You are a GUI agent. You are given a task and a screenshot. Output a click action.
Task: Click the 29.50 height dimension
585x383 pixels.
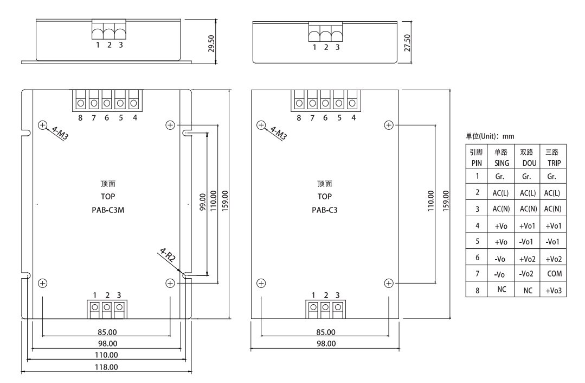pos(211,43)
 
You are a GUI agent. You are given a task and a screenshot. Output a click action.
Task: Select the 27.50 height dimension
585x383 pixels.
pos(407,43)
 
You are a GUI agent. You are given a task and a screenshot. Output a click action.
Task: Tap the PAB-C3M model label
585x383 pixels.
pos(108,210)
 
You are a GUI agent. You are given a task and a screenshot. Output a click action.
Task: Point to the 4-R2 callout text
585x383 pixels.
pos(168,256)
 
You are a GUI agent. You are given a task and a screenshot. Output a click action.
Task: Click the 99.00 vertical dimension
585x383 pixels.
pos(203,202)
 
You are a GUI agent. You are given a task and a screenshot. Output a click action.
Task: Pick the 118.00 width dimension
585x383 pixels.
pos(106,367)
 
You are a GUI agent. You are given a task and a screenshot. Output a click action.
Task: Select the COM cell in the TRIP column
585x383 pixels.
pos(554,274)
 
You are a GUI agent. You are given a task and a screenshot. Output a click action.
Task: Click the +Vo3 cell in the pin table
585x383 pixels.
pos(554,291)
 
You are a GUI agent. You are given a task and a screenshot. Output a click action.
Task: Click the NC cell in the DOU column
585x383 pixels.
pos(528,291)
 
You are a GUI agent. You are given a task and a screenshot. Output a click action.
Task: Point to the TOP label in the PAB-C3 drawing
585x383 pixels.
pos(325,197)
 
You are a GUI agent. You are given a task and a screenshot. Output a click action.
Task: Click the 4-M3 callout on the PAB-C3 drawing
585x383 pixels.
pos(279,133)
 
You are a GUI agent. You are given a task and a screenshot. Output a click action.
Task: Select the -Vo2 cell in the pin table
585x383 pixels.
pos(526,274)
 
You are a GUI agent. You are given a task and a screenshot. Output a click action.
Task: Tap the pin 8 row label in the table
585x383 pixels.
pos(477,291)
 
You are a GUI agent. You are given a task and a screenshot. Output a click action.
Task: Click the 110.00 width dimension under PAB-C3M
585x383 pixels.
pos(106,355)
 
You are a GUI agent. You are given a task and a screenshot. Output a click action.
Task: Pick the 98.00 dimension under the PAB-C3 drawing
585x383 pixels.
pos(326,344)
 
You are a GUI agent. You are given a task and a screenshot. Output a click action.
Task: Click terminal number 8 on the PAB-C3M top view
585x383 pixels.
pos(80,118)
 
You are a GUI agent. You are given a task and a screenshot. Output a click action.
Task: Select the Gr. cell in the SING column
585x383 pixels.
pos(500,177)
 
